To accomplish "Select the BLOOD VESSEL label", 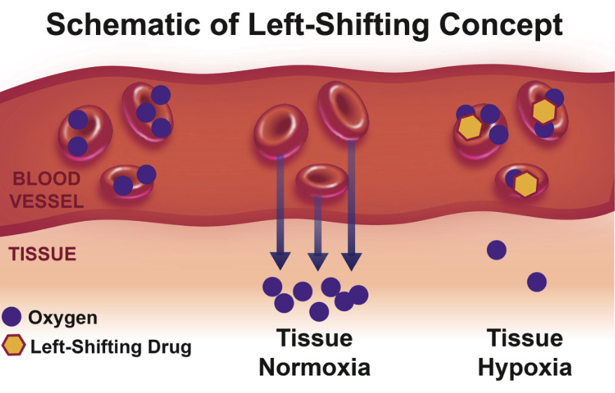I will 48,191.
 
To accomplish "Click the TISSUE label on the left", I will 42,254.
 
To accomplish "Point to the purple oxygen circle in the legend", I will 13,317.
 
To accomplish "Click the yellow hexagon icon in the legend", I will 13,345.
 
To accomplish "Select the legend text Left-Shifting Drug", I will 109,346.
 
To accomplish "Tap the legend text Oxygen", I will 62,318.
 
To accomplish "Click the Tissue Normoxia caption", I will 315,353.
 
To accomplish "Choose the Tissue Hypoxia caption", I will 525,353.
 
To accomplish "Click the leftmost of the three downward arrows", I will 280,210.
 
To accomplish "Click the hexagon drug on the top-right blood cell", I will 544,111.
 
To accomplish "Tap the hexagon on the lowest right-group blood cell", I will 525,184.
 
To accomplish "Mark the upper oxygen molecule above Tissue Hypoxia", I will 497,250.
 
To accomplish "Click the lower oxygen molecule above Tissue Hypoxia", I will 537,282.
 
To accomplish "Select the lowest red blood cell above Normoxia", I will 322,181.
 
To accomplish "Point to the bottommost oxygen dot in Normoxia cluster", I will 319,312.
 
